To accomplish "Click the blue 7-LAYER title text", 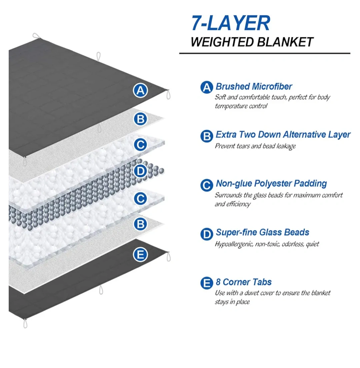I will click(x=230, y=23).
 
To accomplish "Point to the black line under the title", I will click(x=264, y=53).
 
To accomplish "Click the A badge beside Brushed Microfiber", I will click(x=207, y=87).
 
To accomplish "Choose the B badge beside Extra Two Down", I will click(x=207, y=136).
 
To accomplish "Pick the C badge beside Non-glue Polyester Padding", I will click(x=207, y=184).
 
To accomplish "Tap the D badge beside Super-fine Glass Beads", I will click(x=207, y=233).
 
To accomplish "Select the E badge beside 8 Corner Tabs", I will click(x=207, y=283).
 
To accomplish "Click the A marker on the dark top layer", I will click(x=141, y=90).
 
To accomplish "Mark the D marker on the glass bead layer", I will click(x=141, y=172).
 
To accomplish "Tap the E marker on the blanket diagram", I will click(x=141, y=255).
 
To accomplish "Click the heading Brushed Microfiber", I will click(x=254, y=87).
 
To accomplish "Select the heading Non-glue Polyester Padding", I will click(x=271, y=184).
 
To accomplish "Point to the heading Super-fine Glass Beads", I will click(x=262, y=232).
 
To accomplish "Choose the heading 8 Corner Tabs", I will click(x=244, y=282).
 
